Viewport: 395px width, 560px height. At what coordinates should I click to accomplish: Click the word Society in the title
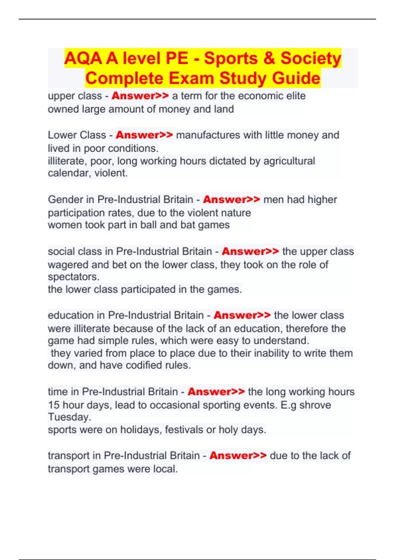coord(311,58)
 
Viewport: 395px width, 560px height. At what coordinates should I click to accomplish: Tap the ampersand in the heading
coord(269,58)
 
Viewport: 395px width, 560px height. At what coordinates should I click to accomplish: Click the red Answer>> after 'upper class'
coord(140,96)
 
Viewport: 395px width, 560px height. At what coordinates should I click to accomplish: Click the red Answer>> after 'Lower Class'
coord(144,135)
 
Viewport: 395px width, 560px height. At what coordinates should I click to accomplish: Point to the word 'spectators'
coord(73,277)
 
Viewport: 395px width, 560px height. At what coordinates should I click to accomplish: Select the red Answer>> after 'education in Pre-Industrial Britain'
coord(242,315)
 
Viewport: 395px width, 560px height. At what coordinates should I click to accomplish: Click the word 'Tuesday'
coord(69,417)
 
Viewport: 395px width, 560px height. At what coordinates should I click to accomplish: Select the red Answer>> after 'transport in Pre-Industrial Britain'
coord(238,456)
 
